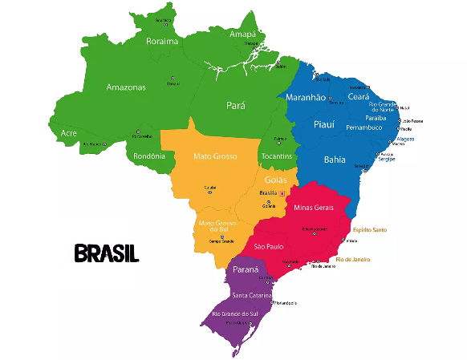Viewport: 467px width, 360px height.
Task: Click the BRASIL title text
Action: coord(106,253)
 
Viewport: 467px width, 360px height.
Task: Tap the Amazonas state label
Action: coord(126,87)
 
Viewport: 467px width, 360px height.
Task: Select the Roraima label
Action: coord(161,42)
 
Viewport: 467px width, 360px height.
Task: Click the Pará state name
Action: coord(235,105)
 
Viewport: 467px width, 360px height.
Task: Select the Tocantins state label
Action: coord(278,155)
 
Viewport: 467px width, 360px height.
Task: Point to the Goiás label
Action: coord(275,179)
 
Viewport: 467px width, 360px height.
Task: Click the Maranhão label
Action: coord(306,98)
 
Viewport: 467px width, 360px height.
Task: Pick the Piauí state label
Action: coord(323,124)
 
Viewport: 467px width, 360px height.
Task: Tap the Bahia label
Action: coord(335,160)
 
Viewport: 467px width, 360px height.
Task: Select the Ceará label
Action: coord(358,96)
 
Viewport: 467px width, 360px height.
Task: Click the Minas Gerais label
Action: coord(313,207)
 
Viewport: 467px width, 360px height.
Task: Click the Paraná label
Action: coord(246,269)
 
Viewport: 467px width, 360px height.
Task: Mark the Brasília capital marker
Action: coord(282,193)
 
